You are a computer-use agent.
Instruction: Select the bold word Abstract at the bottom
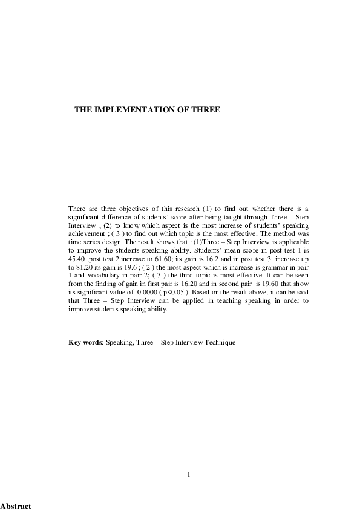pos(16,505)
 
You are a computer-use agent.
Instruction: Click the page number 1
pos(189,475)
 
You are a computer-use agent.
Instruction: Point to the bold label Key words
pos(85,342)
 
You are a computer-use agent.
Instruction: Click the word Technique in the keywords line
pos(218,342)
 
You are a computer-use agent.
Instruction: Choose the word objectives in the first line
pos(126,208)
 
